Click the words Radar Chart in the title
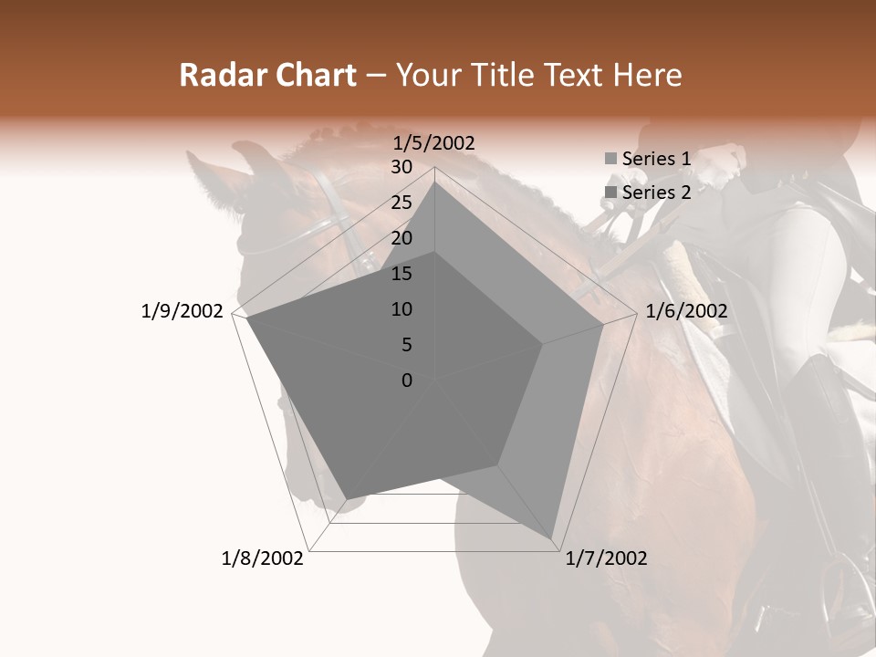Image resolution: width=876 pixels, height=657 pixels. pyautogui.click(x=267, y=76)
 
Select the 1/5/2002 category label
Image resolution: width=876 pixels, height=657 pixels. pyautogui.click(x=434, y=143)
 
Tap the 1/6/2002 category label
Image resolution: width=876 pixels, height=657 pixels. pyautogui.click(x=686, y=311)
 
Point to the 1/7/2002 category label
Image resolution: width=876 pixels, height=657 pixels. pyautogui.click(x=606, y=558)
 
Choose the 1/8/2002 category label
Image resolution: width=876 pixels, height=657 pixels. pyautogui.click(x=263, y=558)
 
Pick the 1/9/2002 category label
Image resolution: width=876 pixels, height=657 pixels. pyautogui.click(x=182, y=311)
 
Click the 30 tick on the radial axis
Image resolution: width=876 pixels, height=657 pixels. pyautogui.click(x=401, y=167)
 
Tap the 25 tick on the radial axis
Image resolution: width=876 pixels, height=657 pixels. pyautogui.click(x=401, y=203)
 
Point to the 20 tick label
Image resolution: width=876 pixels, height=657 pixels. pyautogui.click(x=401, y=238)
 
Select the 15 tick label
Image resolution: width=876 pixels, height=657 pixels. pyautogui.click(x=401, y=274)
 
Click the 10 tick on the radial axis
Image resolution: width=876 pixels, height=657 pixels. pyautogui.click(x=401, y=309)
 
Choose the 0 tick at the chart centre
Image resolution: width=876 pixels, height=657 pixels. pyautogui.click(x=407, y=381)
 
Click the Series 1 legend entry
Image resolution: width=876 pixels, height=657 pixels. pyautogui.click(x=655, y=159)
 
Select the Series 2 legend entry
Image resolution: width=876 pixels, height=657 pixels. pyautogui.click(x=655, y=193)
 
